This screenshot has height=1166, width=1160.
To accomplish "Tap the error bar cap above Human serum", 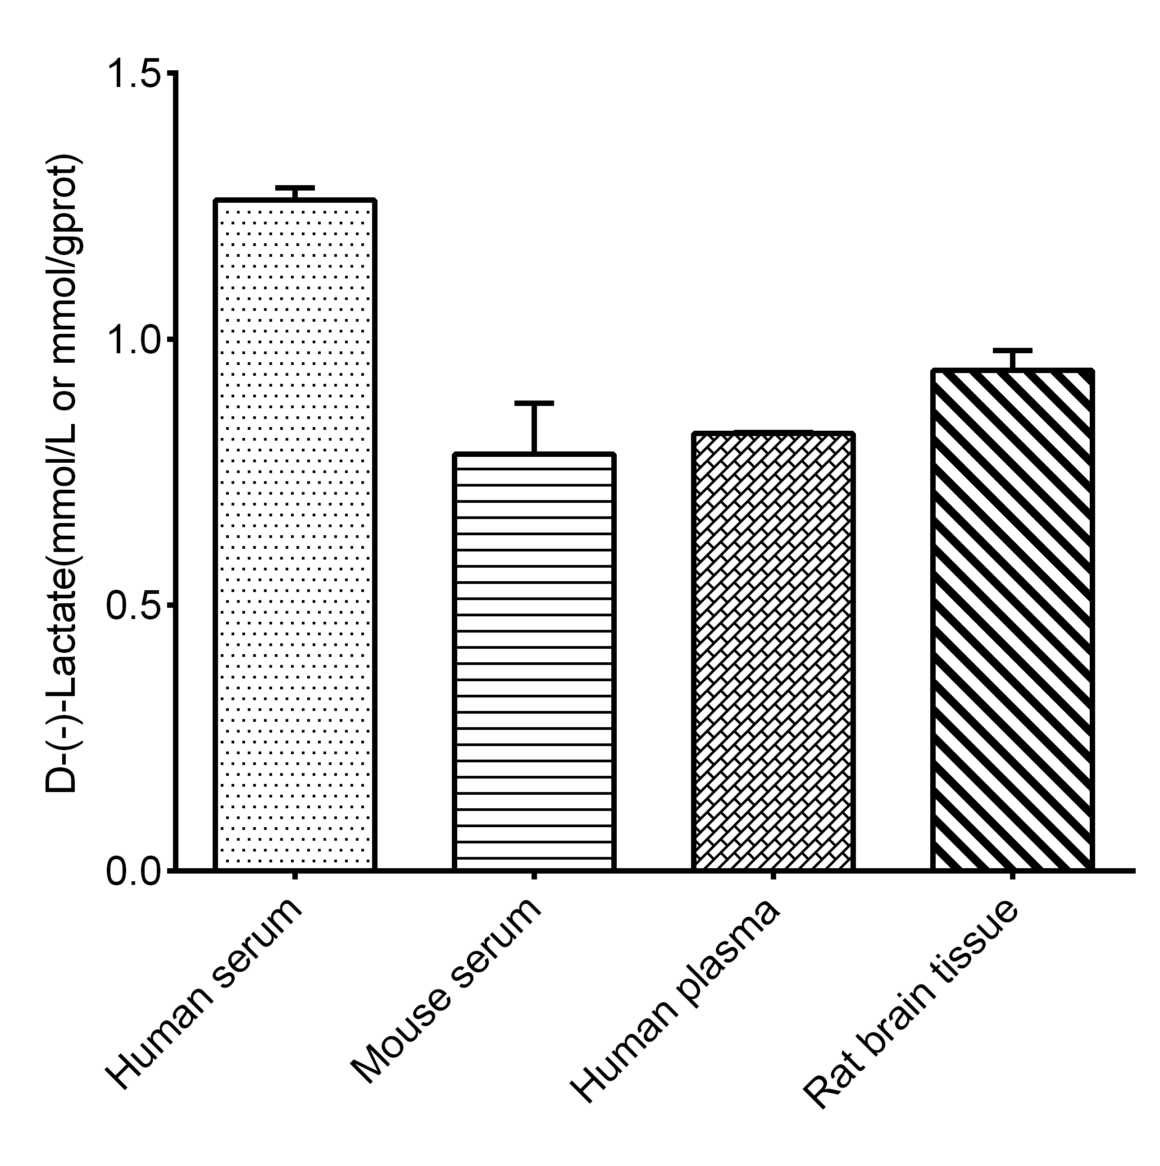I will click(x=295, y=188).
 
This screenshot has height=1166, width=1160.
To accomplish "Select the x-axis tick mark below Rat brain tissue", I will click(x=1012, y=876).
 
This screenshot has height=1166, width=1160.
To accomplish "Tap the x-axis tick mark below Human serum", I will click(x=295, y=876).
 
